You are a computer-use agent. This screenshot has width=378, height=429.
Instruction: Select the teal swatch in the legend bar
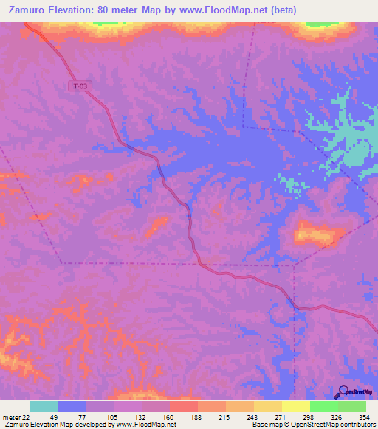click(x=44, y=406)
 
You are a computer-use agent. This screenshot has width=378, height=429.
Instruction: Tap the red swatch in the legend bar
click(x=183, y=406)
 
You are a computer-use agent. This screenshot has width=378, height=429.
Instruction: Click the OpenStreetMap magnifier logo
click(x=343, y=391)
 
